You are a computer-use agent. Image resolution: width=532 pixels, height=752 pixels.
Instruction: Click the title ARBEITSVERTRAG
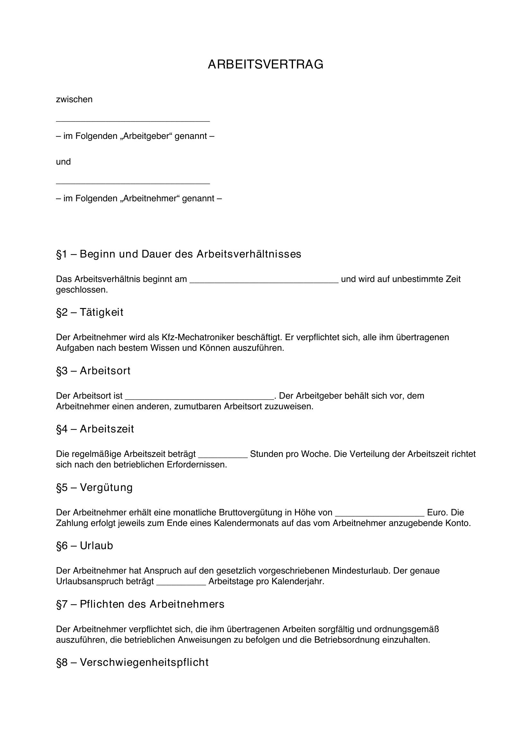[265, 65]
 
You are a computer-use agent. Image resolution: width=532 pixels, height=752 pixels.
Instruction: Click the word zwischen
[74, 99]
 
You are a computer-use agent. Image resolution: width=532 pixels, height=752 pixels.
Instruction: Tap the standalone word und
[63, 162]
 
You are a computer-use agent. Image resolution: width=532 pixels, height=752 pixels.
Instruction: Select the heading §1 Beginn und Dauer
[179, 254]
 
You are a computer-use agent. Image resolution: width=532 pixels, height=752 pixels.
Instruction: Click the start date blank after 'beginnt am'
[264, 280]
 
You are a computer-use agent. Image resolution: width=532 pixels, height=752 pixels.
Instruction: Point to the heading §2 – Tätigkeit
[90, 312]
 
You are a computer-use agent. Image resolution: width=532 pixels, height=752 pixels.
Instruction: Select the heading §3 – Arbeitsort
[93, 371]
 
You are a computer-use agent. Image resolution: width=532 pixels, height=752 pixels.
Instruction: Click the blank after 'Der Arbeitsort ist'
[199, 397]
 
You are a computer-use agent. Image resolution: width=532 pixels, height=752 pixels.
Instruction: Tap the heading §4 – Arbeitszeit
[95, 429]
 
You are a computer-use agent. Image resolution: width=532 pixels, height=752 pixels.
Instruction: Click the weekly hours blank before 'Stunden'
[223, 456]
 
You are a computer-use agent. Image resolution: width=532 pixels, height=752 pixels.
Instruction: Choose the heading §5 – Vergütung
[94, 487]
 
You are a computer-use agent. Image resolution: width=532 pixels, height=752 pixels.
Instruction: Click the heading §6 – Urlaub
[85, 546]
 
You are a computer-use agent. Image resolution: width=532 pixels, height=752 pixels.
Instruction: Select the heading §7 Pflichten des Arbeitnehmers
[140, 604]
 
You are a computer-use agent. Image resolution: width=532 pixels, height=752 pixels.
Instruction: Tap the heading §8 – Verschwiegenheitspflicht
[132, 662]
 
